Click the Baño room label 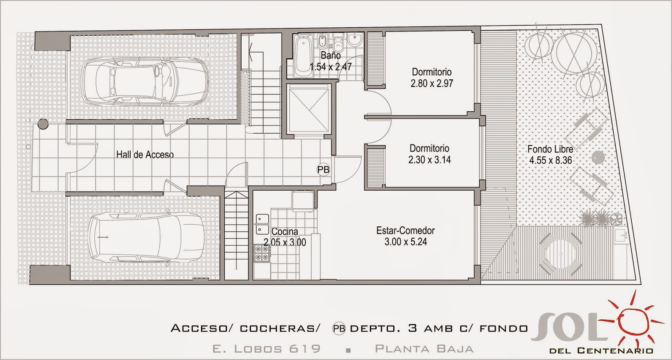[x=331, y=55]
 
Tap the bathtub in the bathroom [x=303, y=56]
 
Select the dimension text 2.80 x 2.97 [x=432, y=84]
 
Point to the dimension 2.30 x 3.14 [x=430, y=160]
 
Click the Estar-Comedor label [x=406, y=230]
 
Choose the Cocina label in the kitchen [x=285, y=231]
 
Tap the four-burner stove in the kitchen [x=262, y=253]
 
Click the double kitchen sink [x=262, y=224]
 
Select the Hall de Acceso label [x=145, y=155]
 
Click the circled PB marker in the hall [x=323, y=170]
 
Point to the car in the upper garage [x=145, y=81]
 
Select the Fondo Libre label [x=550, y=149]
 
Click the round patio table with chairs [x=560, y=255]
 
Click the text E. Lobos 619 [x=266, y=349]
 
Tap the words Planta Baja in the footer [x=424, y=349]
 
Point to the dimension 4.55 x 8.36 [x=551, y=160]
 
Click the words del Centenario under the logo [x=601, y=351]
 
